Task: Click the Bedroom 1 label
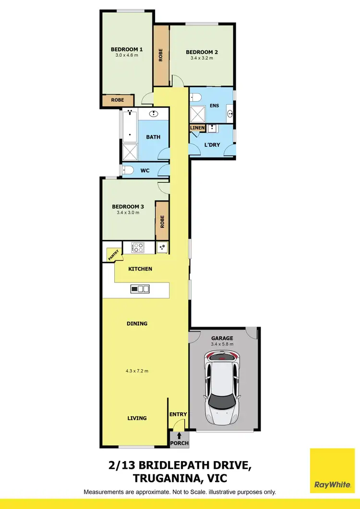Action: (127, 49)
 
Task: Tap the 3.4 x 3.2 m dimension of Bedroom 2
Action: (202, 58)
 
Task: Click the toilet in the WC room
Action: (127, 170)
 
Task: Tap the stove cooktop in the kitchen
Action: (138, 248)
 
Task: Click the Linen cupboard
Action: (198, 128)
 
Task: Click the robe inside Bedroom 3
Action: (162, 221)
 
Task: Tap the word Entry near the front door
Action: (177, 414)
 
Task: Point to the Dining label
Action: (137, 323)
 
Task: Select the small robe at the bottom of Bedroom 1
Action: (118, 100)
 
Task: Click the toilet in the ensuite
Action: (195, 97)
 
